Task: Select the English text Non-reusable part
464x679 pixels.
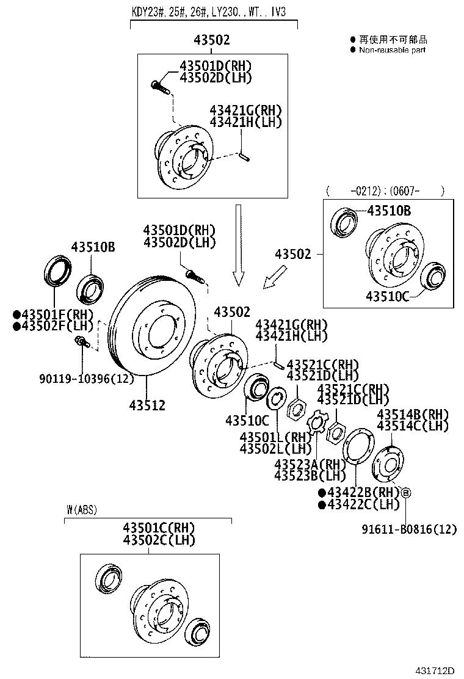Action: pyautogui.click(x=392, y=50)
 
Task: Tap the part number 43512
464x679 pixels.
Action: pyautogui.click(x=147, y=405)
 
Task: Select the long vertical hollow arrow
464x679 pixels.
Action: pyautogui.click(x=238, y=244)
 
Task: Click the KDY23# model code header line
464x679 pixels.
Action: pyautogui.click(x=213, y=11)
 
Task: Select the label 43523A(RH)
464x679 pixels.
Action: pyautogui.click(x=310, y=463)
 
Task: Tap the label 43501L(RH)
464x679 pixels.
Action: pyautogui.click(x=275, y=437)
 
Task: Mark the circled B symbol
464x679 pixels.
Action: pyautogui.click(x=406, y=492)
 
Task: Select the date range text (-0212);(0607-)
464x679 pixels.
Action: pyautogui.click(x=385, y=191)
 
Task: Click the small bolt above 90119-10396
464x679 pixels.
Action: pyautogui.click(x=79, y=340)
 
